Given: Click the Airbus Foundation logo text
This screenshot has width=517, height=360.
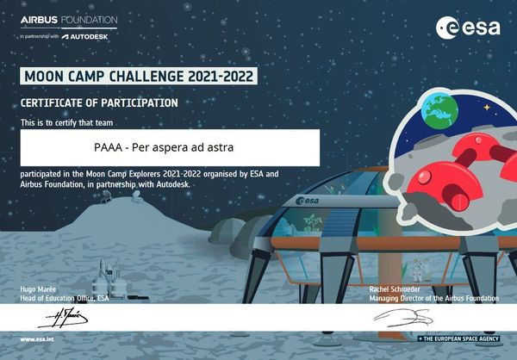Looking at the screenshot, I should pyautogui.click(x=68, y=19).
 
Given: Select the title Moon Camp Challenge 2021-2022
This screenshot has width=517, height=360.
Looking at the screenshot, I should pyautogui.click(x=139, y=76).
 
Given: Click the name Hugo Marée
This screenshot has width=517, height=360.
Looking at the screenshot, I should pyautogui.click(x=40, y=290).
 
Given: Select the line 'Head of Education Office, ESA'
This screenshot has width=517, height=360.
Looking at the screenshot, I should pyautogui.click(x=65, y=298).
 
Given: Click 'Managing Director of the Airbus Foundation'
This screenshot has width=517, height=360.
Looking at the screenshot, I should pyautogui.click(x=433, y=298).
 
